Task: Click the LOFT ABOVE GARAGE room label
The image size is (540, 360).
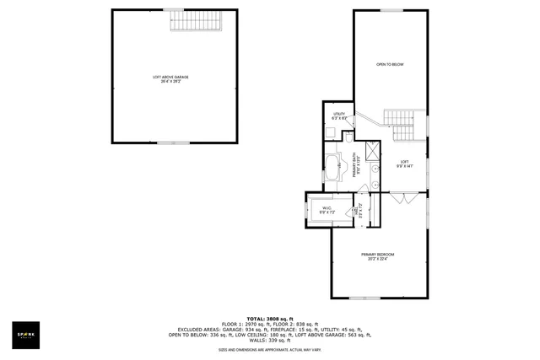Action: click(x=170, y=77)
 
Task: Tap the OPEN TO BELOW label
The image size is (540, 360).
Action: click(x=390, y=64)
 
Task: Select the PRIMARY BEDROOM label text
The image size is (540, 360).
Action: click(x=378, y=254)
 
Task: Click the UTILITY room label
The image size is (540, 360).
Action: click(x=339, y=114)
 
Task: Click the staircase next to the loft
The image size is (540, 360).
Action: click(x=399, y=123)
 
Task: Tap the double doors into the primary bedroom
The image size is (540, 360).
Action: click(x=403, y=198)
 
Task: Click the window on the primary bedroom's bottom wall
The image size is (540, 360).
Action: click(x=364, y=298)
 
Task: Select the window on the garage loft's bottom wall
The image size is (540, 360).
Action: click(x=173, y=142)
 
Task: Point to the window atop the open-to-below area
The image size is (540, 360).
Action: click(x=391, y=10)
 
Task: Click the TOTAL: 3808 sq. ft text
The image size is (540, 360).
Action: click(x=269, y=318)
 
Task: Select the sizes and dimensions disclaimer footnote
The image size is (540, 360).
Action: click(x=269, y=349)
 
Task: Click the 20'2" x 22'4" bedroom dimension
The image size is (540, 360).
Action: click(x=378, y=260)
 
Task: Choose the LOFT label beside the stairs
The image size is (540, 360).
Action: click(x=404, y=161)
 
